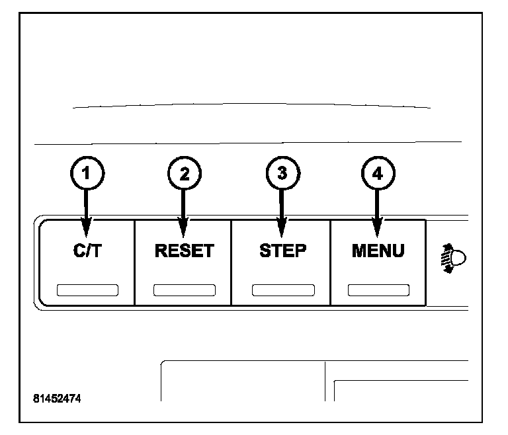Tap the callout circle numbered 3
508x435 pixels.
281,174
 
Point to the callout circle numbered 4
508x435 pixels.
377,174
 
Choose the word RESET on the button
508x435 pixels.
184,252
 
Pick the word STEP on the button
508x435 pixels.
282,252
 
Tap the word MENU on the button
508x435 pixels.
378,252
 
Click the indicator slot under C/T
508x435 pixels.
87,290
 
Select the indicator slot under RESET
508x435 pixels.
184,290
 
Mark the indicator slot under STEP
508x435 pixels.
282,290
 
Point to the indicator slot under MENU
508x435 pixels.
378,290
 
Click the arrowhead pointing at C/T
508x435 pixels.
86,229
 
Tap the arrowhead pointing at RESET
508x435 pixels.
184,229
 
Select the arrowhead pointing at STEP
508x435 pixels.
282,229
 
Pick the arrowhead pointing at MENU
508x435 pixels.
377,229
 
